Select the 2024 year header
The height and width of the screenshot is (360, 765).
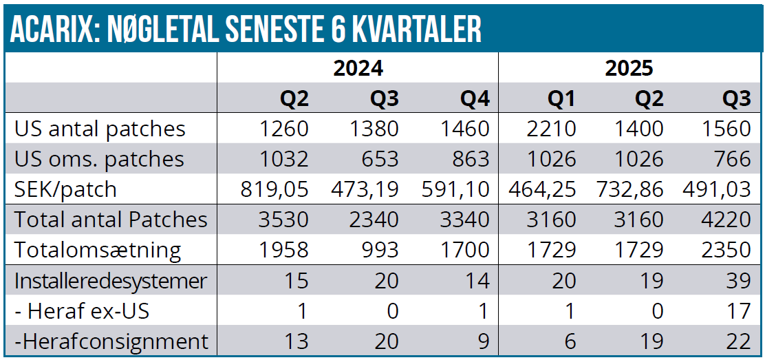(358, 68)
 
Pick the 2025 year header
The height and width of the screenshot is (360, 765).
(629, 68)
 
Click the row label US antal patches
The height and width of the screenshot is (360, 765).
(100, 129)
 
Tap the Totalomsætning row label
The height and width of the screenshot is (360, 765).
(98, 250)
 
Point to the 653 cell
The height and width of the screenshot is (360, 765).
(378, 159)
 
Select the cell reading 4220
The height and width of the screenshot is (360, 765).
(727, 220)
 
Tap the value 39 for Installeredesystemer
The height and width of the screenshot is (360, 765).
(738, 280)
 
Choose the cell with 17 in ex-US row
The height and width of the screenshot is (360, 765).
(740, 310)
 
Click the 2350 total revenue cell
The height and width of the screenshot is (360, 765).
(727, 250)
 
